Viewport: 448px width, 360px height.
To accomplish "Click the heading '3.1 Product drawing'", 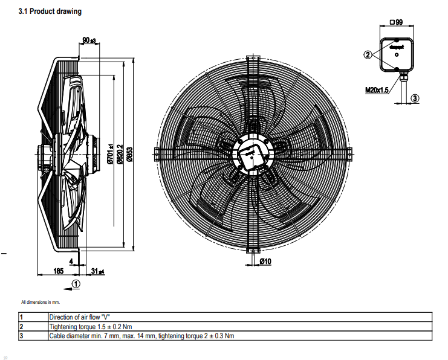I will [50, 11].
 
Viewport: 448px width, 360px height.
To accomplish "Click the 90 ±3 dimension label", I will [89, 40].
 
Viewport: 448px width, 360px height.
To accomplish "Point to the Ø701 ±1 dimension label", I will [111, 153].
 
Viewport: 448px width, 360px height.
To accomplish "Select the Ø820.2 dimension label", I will [120, 153].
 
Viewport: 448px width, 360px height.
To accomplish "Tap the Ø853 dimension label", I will [129, 155].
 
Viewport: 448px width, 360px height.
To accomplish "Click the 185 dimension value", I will [58, 271].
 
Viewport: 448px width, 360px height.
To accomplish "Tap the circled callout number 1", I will [76, 283].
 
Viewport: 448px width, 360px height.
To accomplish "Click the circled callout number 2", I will [368, 54].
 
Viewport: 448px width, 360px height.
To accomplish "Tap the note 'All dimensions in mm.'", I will [41, 301].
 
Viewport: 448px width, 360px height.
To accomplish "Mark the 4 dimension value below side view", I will [71, 261].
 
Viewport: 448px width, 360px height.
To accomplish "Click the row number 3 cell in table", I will [21, 335].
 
